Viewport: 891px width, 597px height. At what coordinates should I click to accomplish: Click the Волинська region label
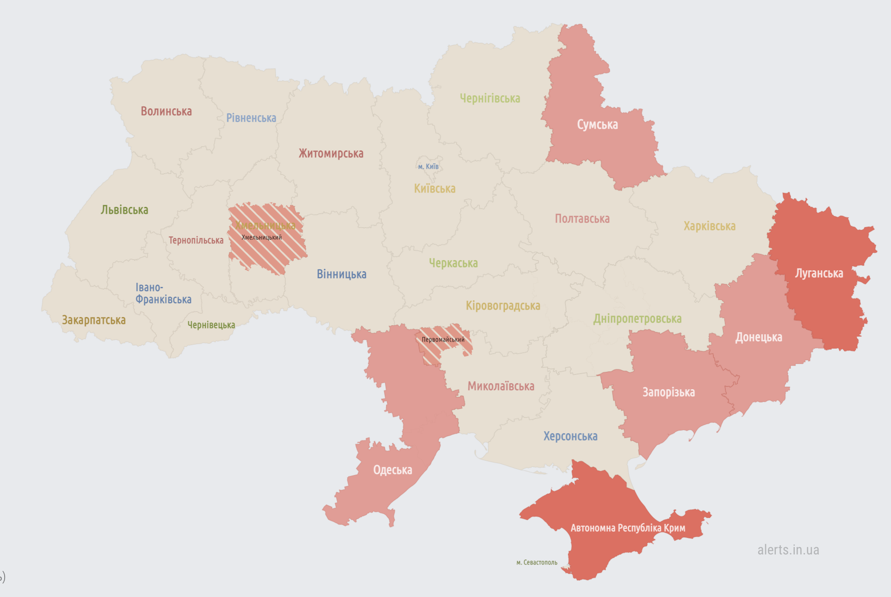(166, 112)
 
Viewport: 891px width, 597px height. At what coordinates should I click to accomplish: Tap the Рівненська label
(251, 118)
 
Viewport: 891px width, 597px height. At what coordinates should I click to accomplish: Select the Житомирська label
(331, 154)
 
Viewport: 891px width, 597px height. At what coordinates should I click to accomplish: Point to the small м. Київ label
(428, 167)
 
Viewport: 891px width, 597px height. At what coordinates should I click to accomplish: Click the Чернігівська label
(490, 99)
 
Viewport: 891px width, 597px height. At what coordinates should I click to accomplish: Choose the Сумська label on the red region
(597, 125)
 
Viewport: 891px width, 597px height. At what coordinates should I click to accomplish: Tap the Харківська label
(709, 226)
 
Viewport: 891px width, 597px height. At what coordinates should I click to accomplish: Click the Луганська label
(819, 274)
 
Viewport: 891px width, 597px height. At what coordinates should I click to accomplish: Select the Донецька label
(759, 337)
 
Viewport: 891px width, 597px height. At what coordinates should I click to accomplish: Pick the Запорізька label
(668, 392)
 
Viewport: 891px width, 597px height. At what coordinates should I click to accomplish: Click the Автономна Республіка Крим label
(628, 528)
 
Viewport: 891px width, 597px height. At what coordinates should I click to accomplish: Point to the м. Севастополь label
(537, 563)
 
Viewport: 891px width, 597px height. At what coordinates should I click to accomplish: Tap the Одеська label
(392, 470)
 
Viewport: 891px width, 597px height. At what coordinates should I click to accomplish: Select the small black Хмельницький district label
(261, 237)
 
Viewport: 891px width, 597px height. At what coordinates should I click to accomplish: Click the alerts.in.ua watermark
(788, 550)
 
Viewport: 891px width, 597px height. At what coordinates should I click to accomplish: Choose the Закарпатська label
(94, 320)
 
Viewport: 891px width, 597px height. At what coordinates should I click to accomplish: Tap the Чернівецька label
(211, 325)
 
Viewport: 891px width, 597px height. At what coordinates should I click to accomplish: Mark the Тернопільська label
(196, 241)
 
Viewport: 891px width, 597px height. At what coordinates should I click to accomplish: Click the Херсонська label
(570, 436)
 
